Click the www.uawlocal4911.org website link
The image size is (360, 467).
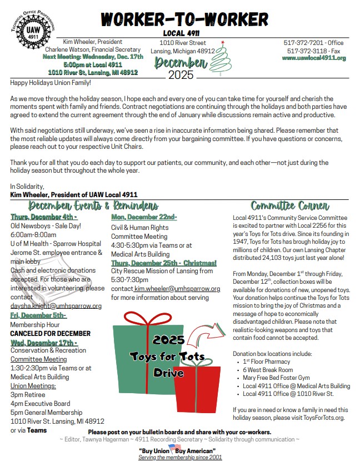(314, 58)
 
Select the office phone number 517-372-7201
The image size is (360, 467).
(304, 43)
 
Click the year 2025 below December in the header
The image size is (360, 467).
(181, 74)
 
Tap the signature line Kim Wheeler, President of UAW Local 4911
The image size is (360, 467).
(74, 195)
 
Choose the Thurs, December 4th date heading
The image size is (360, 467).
(43, 217)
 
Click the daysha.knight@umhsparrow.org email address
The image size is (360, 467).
(56, 306)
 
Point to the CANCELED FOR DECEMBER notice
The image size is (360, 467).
(50, 333)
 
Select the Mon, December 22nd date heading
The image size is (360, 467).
(144, 217)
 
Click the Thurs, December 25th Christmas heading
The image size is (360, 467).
(163, 263)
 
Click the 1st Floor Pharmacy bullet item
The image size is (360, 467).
(266, 361)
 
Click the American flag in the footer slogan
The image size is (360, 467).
(175, 448)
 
